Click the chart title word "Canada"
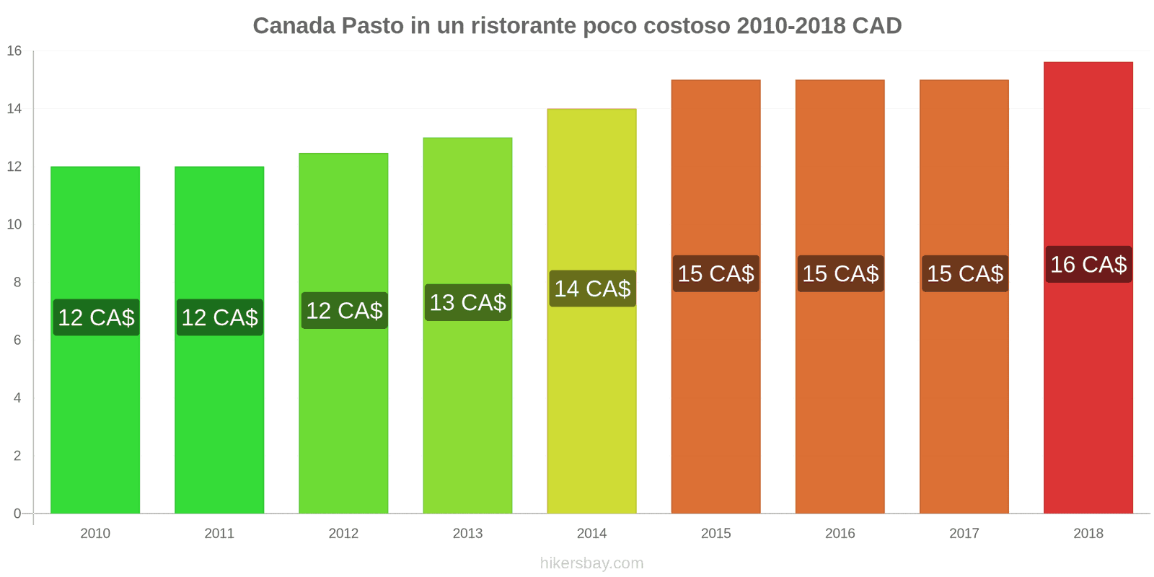pyautogui.click(x=294, y=26)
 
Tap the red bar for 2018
pyautogui.click(x=1088, y=397)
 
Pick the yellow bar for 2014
pyautogui.click(x=591, y=404)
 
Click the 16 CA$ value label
pyautogui.click(x=1088, y=265)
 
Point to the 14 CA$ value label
pyautogui.click(x=592, y=288)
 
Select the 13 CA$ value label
pyautogui.click(x=467, y=303)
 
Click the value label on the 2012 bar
pyautogui.click(x=344, y=311)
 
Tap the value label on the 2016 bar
pyautogui.click(x=840, y=274)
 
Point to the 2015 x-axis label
pyautogui.click(x=715, y=534)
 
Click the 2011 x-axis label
pyautogui.click(x=219, y=534)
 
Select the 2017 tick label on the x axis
pyautogui.click(x=964, y=534)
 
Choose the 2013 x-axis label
pyautogui.click(x=467, y=534)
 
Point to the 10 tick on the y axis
pyautogui.click(x=14, y=224)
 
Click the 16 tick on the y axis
pyautogui.click(x=14, y=51)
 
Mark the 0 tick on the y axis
pyautogui.click(x=17, y=514)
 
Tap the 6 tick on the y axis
pyautogui.click(x=17, y=340)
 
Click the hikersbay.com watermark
pyautogui.click(x=591, y=563)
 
